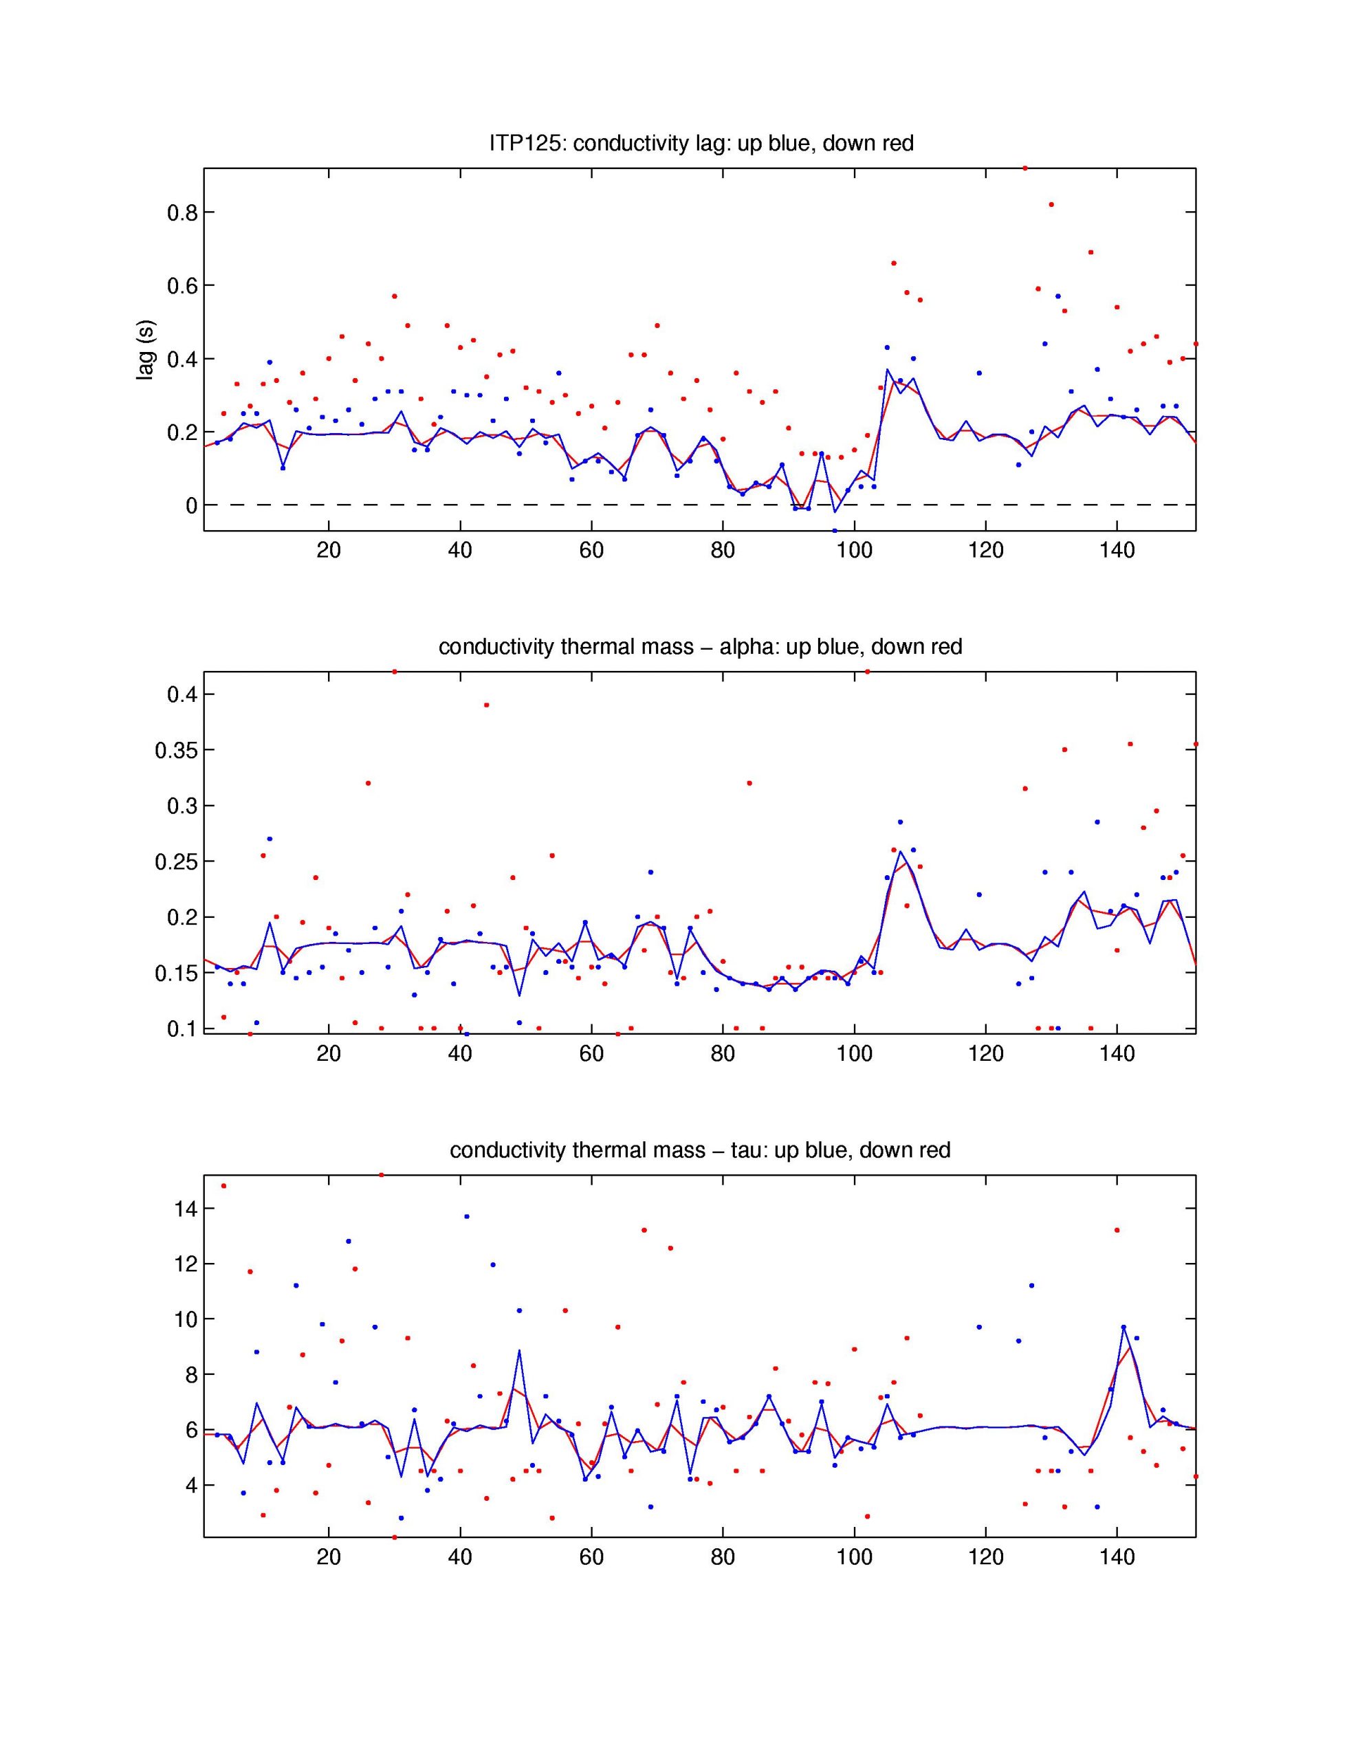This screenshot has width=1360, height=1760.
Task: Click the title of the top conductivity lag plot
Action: point(701,144)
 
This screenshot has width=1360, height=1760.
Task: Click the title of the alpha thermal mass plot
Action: point(700,647)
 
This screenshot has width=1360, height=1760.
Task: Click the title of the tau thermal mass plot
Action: point(700,1150)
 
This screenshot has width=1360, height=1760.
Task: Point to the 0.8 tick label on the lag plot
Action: point(182,212)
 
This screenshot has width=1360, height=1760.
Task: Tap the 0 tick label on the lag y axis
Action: point(191,506)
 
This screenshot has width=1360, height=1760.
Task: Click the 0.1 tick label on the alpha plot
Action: point(182,1029)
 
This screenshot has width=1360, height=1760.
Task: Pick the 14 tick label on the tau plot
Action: point(185,1209)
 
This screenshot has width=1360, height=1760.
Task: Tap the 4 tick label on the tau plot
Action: point(191,1485)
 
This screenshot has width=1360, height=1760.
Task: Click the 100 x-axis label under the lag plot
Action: point(854,551)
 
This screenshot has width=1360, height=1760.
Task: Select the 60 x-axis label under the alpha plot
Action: point(591,1054)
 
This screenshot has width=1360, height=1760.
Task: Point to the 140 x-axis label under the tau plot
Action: point(1117,1557)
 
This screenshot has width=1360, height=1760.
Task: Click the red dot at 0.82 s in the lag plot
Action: point(1051,205)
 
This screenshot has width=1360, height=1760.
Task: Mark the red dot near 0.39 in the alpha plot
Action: point(486,705)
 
